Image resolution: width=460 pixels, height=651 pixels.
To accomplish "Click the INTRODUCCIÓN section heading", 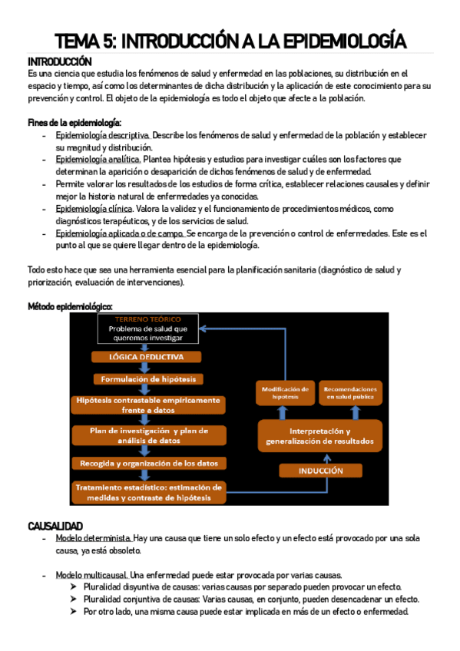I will pyautogui.click(x=59, y=61).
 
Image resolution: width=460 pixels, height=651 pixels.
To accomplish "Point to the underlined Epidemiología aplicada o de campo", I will pyautogui.click(x=120, y=233).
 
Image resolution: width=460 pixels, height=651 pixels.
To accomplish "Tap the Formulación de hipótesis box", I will pyautogui.click(x=147, y=379).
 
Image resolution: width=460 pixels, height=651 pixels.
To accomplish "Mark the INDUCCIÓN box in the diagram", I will pyautogui.click(x=321, y=471).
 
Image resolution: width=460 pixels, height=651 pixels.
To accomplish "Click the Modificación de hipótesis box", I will pyautogui.click(x=285, y=392).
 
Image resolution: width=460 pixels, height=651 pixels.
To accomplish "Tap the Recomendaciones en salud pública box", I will pyautogui.click(x=349, y=392).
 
